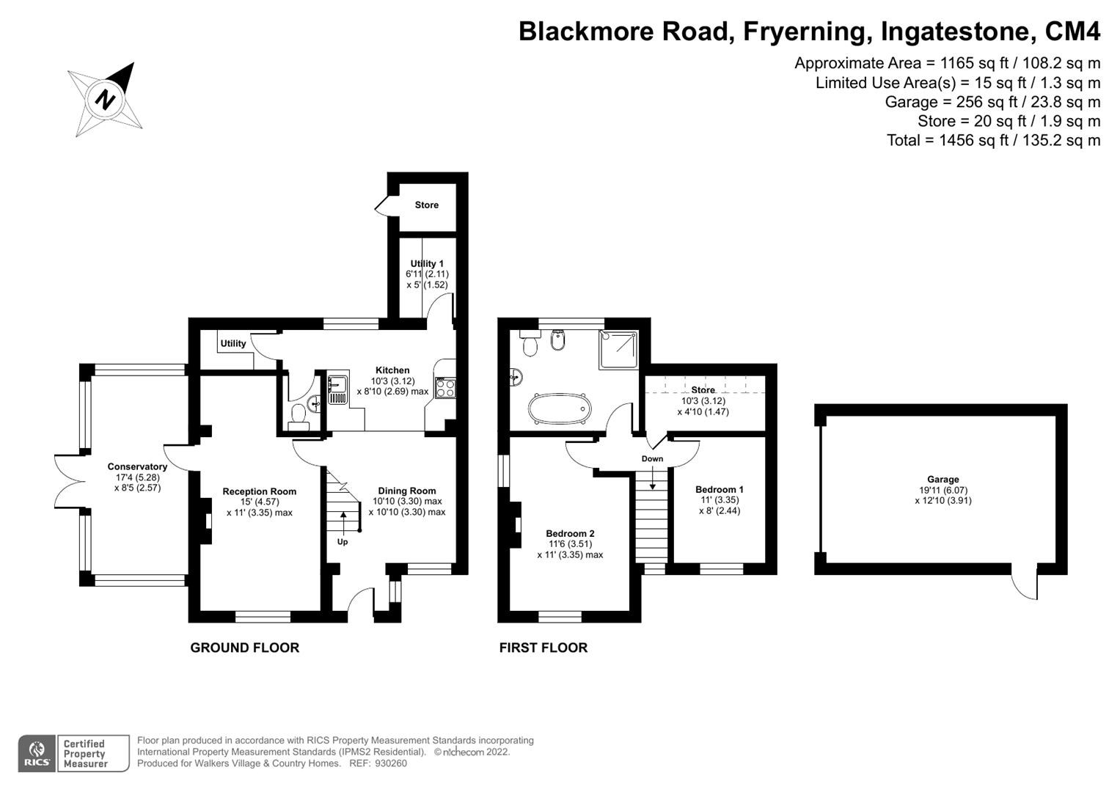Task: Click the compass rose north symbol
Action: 106,99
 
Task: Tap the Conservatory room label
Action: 137,467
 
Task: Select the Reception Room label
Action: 259,492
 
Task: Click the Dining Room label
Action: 406,491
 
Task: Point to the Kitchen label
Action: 392,370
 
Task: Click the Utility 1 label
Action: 427,264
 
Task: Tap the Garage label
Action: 943,480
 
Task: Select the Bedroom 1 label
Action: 719,490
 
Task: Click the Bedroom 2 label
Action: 570,534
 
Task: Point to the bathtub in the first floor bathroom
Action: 558,409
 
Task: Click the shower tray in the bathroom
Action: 618,349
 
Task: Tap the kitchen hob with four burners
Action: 445,388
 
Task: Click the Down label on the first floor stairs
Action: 652,459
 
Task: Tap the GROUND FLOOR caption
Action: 244,648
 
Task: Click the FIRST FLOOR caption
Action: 543,648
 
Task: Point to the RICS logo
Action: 36,754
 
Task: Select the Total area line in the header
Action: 993,140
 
